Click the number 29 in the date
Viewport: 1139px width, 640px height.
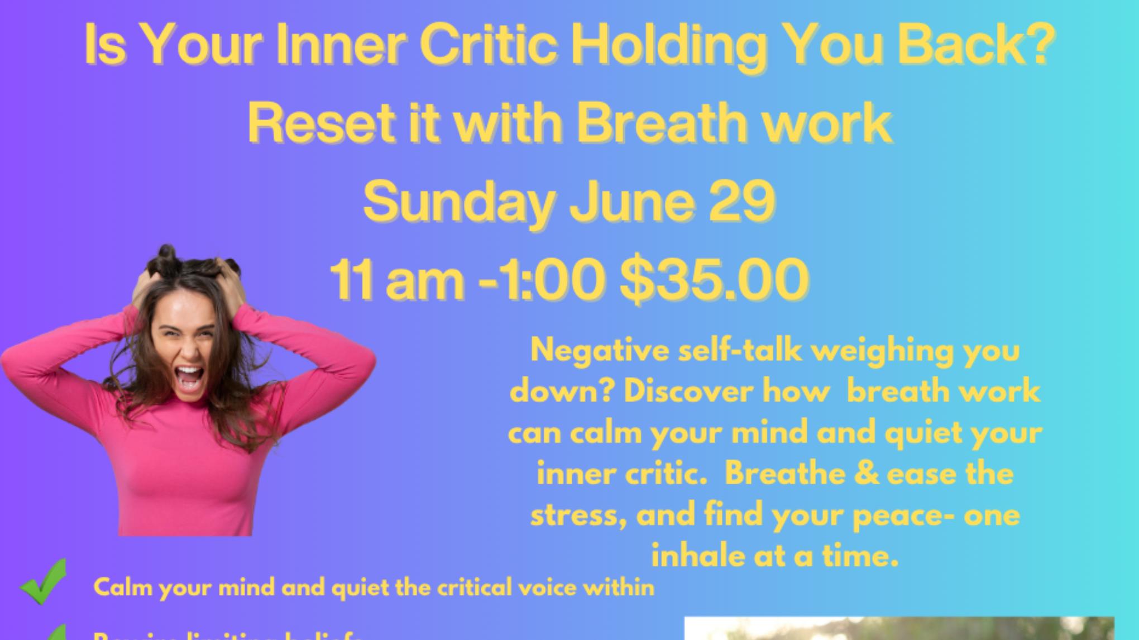click(743, 201)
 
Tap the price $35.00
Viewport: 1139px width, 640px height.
click(715, 279)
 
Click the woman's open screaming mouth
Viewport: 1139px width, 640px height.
click(189, 378)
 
